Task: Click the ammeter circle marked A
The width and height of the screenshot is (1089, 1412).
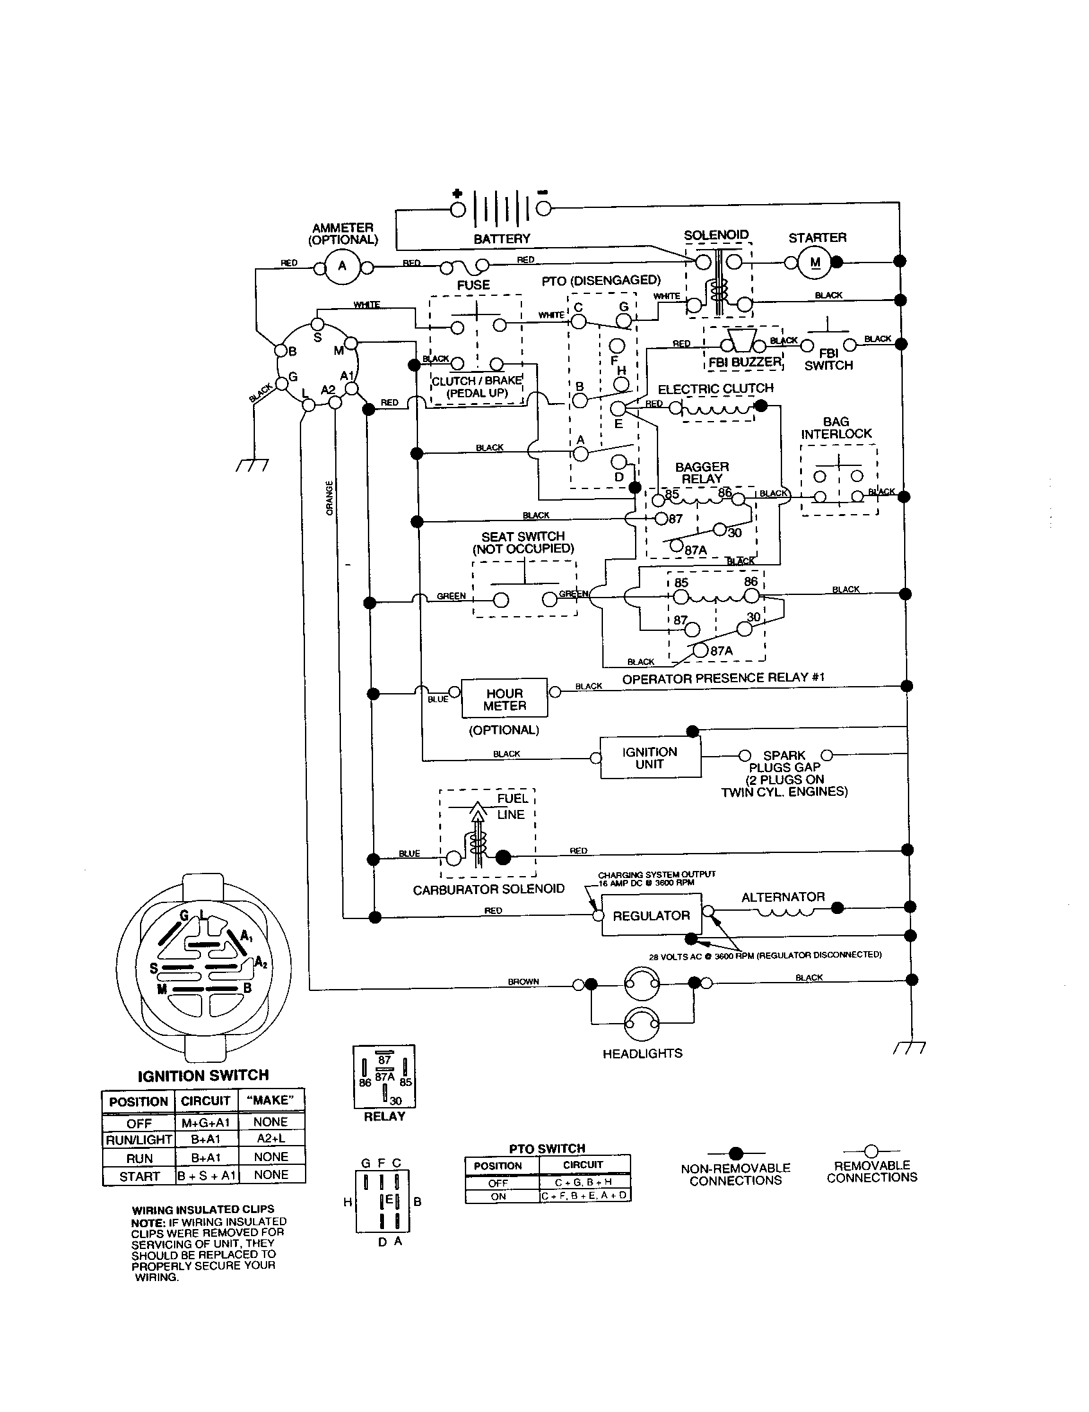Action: pyautogui.click(x=342, y=266)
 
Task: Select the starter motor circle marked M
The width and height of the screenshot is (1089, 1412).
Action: pyautogui.click(x=815, y=262)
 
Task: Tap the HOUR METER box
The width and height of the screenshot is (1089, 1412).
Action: pyautogui.click(x=505, y=699)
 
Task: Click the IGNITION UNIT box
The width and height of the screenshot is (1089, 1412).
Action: pyautogui.click(x=650, y=758)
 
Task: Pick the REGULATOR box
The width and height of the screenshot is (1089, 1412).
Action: pyautogui.click(x=651, y=915)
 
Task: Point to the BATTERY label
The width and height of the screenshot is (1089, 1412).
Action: pyautogui.click(x=502, y=239)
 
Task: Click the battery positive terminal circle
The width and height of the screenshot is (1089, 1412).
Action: pyautogui.click(x=458, y=209)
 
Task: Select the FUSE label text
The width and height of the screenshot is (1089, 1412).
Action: pyautogui.click(x=473, y=285)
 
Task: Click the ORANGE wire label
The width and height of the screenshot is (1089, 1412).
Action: pyautogui.click(x=330, y=497)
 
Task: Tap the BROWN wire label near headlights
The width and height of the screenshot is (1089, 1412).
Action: pyautogui.click(x=523, y=981)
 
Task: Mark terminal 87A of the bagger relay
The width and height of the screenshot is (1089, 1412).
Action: pyautogui.click(x=676, y=546)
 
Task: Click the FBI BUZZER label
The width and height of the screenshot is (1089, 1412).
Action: pyautogui.click(x=744, y=362)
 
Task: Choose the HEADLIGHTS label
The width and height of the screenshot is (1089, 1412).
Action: pyautogui.click(x=642, y=1054)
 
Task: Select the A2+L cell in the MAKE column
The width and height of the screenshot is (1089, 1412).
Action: pyautogui.click(x=271, y=1139)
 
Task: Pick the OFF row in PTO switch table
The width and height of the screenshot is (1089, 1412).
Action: pyautogui.click(x=498, y=1182)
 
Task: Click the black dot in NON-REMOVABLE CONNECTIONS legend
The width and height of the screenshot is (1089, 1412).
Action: pyautogui.click(x=735, y=1153)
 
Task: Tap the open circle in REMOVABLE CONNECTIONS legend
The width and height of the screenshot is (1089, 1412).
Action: pyautogui.click(x=871, y=1151)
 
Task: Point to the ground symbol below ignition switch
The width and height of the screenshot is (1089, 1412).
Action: pyautogui.click(x=252, y=465)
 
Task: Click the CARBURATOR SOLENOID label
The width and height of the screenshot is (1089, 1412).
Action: pyautogui.click(x=489, y=889)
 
